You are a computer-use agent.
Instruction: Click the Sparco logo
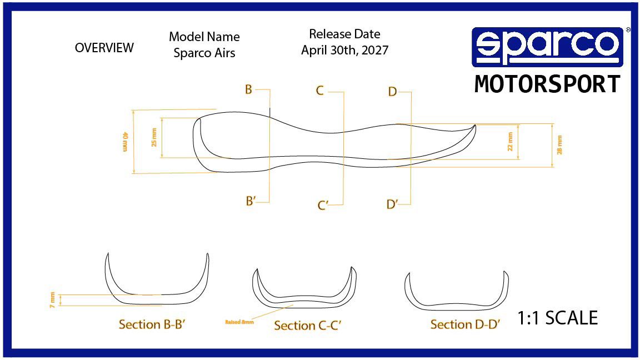pyautogui.click(x=547, y=47)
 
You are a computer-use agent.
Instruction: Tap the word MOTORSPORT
pyautogui.click(x=547, y=84)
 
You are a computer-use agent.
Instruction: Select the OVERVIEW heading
pyautogui.click(x=104, y=48)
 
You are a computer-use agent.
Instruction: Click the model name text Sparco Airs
pyautogui.click(x=204, y=53)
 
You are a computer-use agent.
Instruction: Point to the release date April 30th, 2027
pyautogui.click(x=344, y=50)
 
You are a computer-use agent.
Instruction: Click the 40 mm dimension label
pyautogui.click(x=126, y=142)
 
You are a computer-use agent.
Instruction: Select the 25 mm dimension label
pyautogui.click(x=154, y=137)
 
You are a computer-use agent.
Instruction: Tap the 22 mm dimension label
pyautogui.click(x=510, y=144)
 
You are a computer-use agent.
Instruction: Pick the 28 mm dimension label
pyautogui.click(x=559, y=144)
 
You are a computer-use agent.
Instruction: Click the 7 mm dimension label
pyautogui.click(x=53, y=300)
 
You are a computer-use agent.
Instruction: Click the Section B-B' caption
pyautogui.click(x=152, y=324)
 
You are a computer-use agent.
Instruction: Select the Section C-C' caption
pyautogui.click(x=307, y=326)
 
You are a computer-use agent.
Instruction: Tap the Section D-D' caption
pyautogui.click(x=466, y=324)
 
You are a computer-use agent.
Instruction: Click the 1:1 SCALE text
pyautogui.click(x=557, y=318)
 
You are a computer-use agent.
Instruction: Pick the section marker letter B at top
pyautogui.click(x=248, y=89)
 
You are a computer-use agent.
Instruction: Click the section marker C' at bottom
pyautogui.click(x=323, y=206)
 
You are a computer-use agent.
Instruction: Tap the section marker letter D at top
pyautogui.click(x=392, y=92)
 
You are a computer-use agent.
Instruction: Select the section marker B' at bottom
pyautogui.click(x=251, y=201)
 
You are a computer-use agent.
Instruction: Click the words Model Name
pyautogui.click(x=204, y=37)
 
